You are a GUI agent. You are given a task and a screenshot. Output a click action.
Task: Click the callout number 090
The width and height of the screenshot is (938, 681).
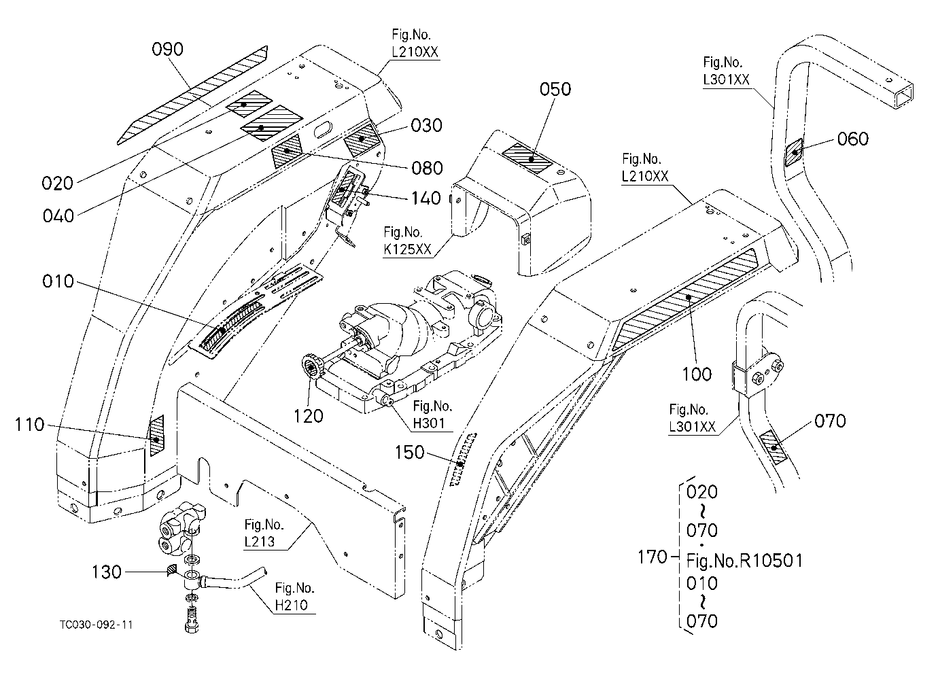click(167, 50)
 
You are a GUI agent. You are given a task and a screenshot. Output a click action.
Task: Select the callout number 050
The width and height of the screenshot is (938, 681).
click(555, 89)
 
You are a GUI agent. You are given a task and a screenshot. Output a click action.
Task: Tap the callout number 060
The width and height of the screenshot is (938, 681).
click(853, 139)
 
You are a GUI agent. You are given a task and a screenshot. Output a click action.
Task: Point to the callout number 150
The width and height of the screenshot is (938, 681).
click(410, 453)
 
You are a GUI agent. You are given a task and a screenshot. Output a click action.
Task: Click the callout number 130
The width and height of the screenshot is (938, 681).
click(106, 572)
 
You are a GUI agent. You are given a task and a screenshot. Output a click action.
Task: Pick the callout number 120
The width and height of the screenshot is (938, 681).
click(308, 417)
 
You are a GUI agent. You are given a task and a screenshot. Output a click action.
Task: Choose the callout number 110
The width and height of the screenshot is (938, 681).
click(29, 425)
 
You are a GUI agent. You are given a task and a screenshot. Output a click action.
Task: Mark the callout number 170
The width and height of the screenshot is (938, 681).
click(652, 557)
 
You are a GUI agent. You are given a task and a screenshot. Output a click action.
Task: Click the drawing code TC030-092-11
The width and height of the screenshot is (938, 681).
click(97, 625)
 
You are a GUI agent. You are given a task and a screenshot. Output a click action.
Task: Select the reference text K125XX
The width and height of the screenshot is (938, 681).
click(407, 249)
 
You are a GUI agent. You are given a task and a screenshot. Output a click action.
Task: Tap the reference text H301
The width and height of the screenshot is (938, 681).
click(429, 423)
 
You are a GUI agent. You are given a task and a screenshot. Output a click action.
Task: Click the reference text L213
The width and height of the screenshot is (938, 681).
click(260, 542)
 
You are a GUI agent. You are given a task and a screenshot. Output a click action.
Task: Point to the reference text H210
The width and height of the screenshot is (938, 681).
click(292, 605)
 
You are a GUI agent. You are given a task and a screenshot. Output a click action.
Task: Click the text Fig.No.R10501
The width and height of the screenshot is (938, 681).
click(744, 561)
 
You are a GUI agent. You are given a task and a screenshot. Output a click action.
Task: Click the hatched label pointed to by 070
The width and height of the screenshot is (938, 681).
click(774, 448)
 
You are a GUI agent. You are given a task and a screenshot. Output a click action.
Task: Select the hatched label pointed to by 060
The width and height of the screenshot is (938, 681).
click(793, 152)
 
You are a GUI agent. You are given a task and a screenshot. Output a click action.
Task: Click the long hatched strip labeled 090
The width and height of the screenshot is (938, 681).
click(192, 95)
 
